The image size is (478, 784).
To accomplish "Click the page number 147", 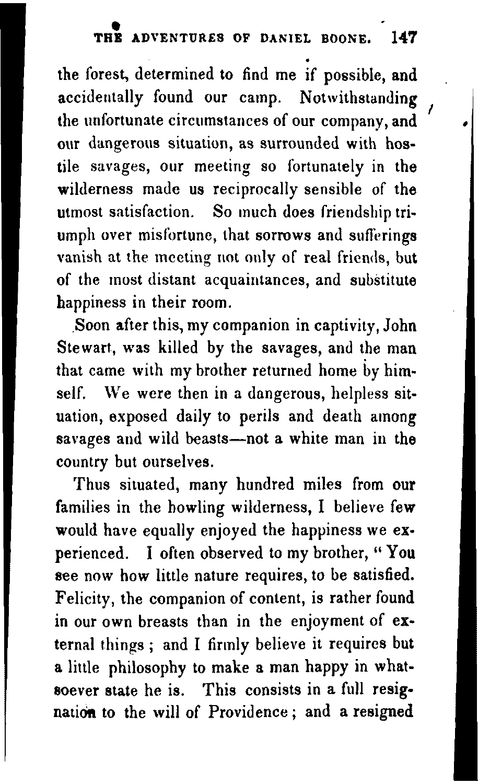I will point(403,38).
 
